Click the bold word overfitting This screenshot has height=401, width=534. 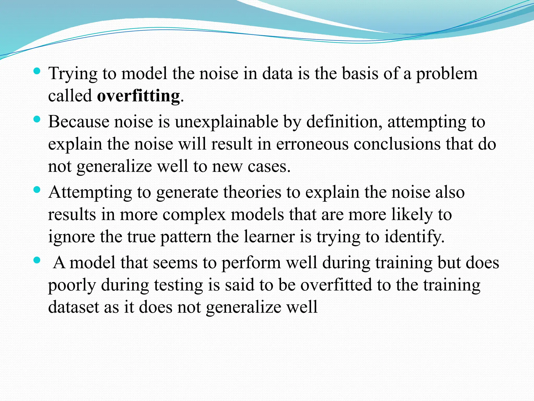coord(138,96)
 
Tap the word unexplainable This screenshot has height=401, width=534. coord(226,122)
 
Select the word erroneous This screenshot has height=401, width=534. coord(312,144)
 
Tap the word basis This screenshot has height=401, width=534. coord(360,74)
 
